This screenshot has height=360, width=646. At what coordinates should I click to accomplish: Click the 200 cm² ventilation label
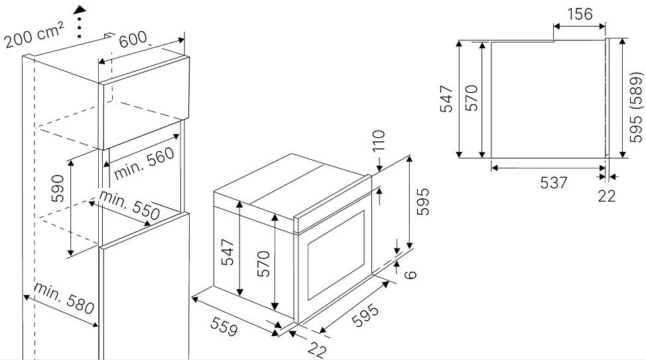(x=34, y=35)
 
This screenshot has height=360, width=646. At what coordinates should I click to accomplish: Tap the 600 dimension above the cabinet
(x=133, y=38)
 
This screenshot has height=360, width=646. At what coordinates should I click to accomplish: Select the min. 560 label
(x=144, y=163)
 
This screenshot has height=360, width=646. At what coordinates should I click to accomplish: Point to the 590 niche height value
(x=58, y=188)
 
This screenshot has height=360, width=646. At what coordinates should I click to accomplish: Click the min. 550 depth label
(x=129, y=205)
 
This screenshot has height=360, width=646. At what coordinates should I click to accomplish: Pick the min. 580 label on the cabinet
(x=64, y=298)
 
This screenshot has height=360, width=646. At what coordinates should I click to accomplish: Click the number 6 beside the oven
(x=411, y=274)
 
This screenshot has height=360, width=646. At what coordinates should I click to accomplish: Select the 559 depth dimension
(x=224, y=326)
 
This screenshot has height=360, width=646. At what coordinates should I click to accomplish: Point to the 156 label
(x=580, y=14)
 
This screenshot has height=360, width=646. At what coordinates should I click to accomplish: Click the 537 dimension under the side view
(x=554, y=182)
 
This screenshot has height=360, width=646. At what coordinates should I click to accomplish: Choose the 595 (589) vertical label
(x=635, y=107)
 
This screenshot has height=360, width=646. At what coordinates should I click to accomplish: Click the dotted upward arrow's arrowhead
(x=80, y=10)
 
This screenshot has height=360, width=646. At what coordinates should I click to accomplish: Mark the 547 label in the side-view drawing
(x=446, y=99)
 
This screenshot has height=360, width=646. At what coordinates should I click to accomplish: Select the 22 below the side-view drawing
(x=607, y=196)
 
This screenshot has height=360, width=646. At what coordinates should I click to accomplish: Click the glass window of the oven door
(x=336, y=255)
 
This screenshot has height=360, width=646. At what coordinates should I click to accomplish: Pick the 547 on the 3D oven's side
(x=227, y=252)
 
